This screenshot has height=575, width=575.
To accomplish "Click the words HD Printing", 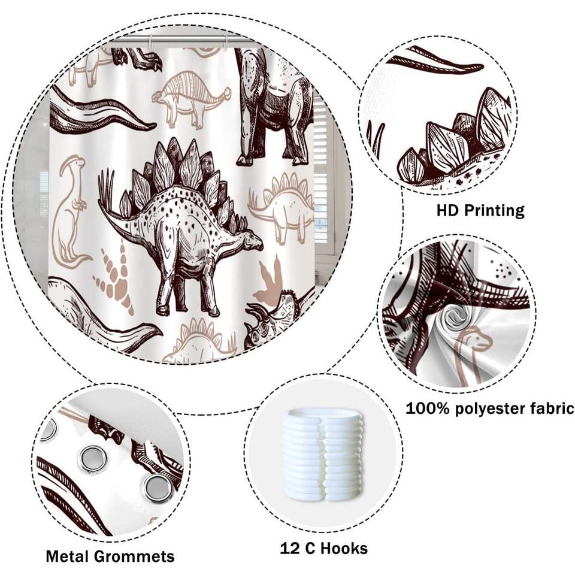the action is [x=480, y=210].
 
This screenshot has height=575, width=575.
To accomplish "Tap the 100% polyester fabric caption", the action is [x=490, y=409].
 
